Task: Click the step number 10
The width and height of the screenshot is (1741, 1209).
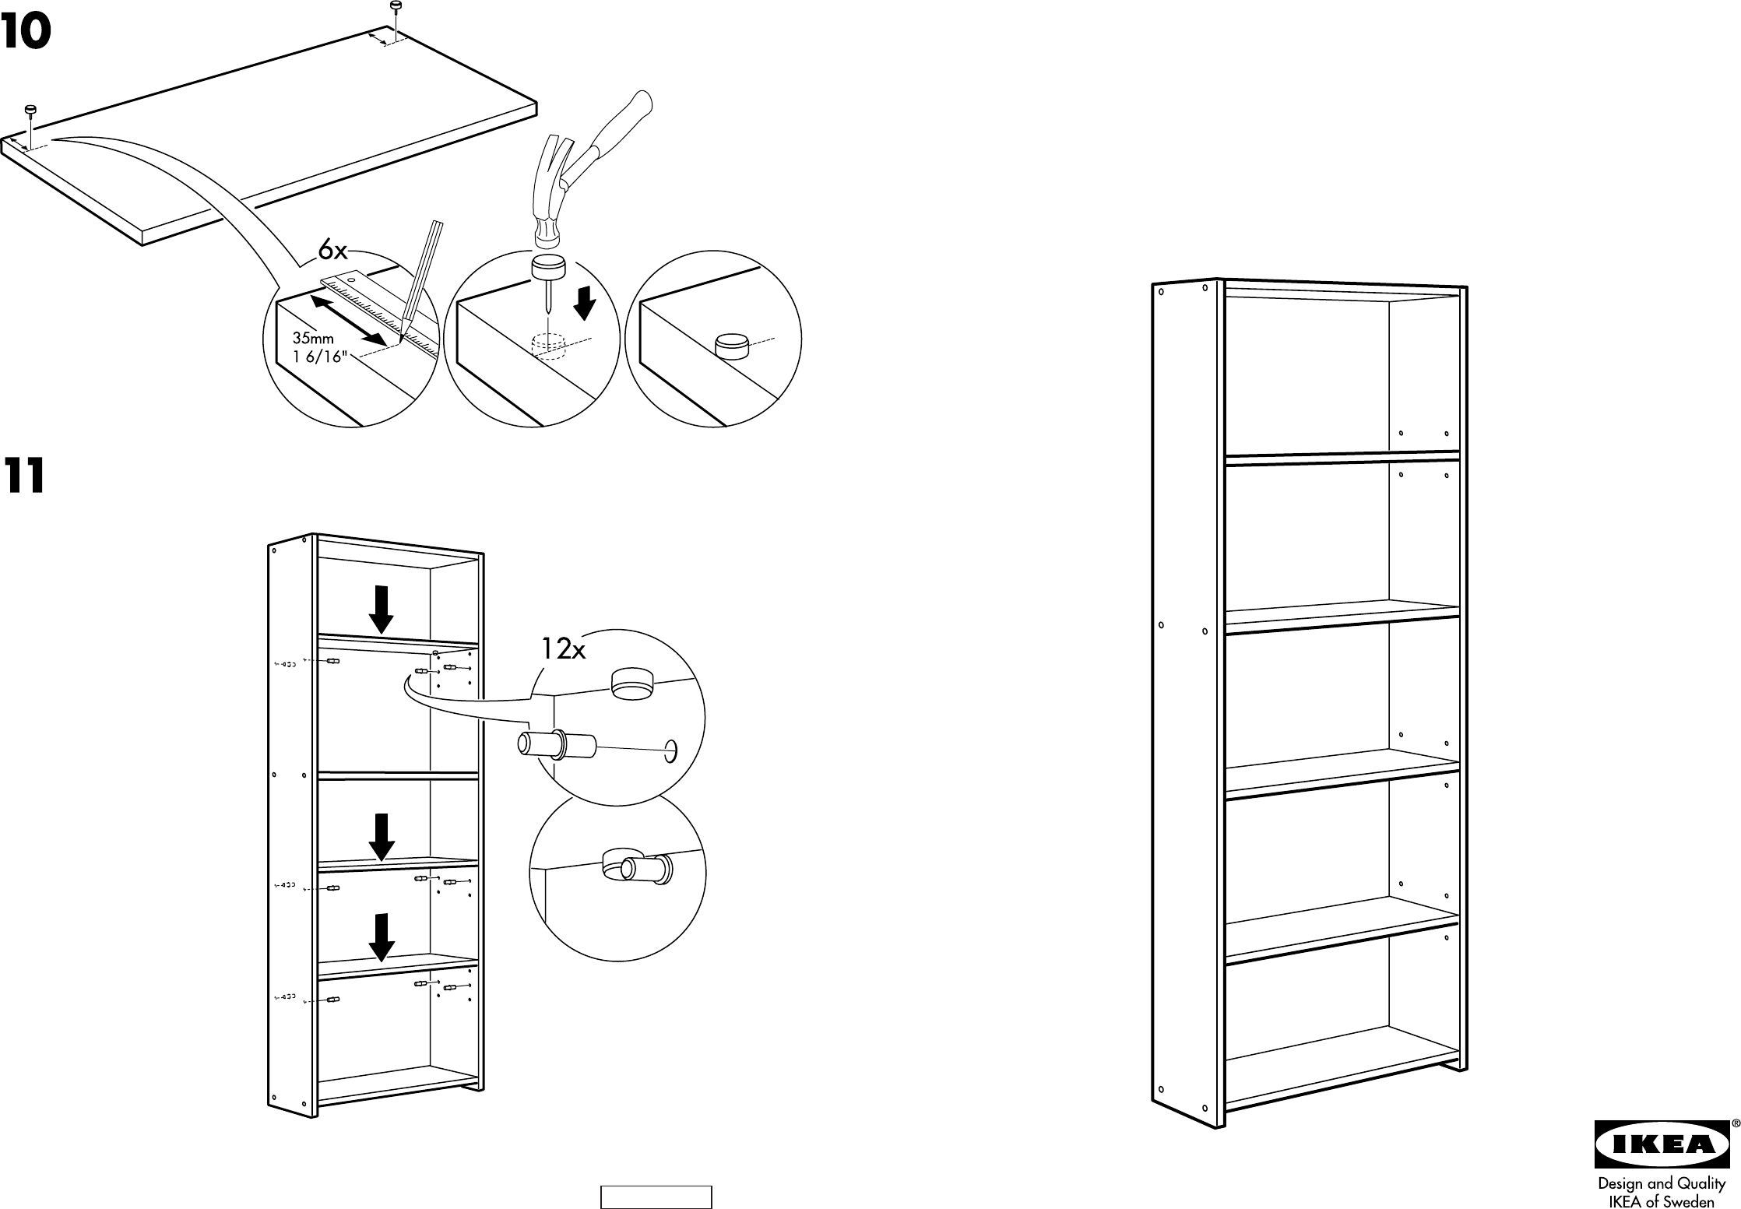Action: click(x=26, y=33)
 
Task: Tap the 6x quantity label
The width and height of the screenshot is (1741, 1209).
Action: click(x=333, y=251)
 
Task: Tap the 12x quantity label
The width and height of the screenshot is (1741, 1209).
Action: click(x=563, y=648)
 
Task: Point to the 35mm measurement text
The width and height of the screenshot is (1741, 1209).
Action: click(x=313, y=339)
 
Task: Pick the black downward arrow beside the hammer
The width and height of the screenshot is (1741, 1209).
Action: click(x=584, y=304)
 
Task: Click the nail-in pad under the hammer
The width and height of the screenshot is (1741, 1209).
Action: click(x=549, y=269)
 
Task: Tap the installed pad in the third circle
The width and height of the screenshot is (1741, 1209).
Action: click(x=731, y=345)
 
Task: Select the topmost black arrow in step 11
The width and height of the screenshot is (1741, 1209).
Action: click(x=381, y=610)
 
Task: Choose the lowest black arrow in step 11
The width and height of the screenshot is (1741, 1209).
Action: click(x=381, y=937)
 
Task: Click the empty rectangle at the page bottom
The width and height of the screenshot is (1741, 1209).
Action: click(x=656, y=1197)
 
